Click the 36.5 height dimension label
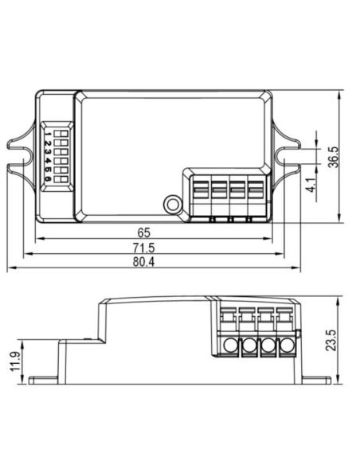click(x=333, y=157)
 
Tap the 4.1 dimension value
click(x=311, y=185)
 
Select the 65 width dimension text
click(x=144, y=232)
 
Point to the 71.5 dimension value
click(x=144, y=248)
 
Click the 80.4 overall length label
click(x=143, y=262)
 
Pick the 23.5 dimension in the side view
click(x=331, y=340)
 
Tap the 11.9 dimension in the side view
click(x=15, y=361)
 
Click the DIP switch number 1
click(x=48, y=134)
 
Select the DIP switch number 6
click(x=48, y=179)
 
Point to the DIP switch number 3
click(x=48, y=152)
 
